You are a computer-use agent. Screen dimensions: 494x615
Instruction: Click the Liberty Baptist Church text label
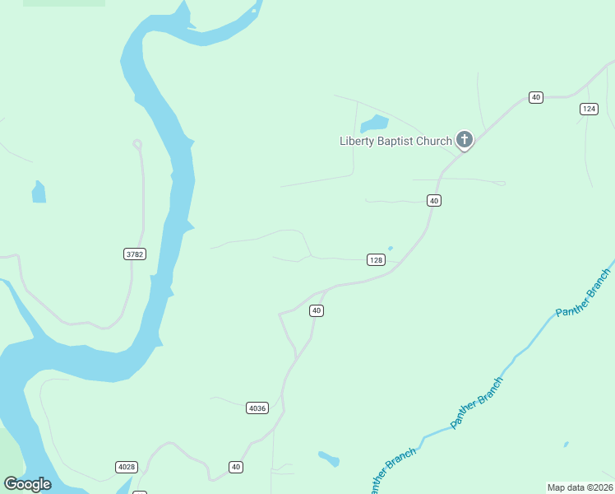tap(395, 141)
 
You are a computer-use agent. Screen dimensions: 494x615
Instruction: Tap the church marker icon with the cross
tap(465, 140)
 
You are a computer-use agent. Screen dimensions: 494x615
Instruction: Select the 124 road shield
tap(588, 109)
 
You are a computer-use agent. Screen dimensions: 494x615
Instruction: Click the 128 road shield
tap(376, 260)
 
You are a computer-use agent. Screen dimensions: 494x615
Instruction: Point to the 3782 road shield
tap(135, 254)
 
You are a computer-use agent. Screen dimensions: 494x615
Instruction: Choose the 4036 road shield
tap(257, 408)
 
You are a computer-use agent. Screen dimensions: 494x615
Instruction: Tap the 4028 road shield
tap(126, 467)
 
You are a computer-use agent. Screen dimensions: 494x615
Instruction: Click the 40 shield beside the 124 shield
tap(536, 97)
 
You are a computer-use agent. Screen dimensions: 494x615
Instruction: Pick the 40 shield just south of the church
tap(434, 200)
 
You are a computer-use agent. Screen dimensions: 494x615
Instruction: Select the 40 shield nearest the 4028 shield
tap(236, 467)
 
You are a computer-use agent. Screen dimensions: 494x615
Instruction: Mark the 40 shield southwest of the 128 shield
tap(317, 310)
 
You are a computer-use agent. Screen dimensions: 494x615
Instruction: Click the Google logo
tap(27, 484)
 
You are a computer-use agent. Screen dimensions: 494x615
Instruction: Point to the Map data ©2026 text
tap(580, 487)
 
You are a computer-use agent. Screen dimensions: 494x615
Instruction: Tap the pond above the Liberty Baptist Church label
tap(375, 123)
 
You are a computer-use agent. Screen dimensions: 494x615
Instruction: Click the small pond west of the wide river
tap(39, 193)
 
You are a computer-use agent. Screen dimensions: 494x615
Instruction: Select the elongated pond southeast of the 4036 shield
tap(329, 458)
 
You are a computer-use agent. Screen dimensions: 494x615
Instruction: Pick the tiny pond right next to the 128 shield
tap(390, 249)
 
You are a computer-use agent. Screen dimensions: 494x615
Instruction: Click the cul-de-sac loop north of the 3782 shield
tap(137, 144)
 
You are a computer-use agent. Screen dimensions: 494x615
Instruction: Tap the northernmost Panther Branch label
tap(583, 293)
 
